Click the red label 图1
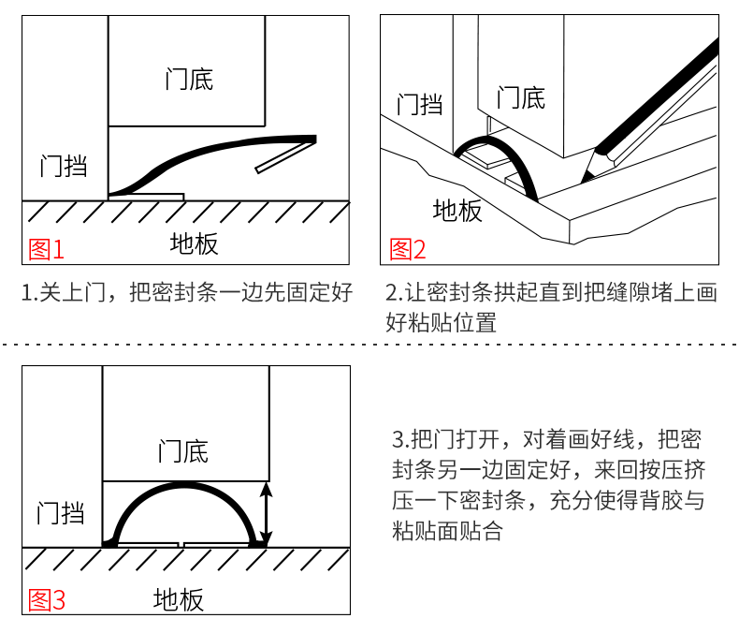pyautogui.click(x=47, y=249)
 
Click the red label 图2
pyautogui.click(x=407, y=249)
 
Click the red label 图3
pyautogui.click(x=47, y=599)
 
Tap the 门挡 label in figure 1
pyautogui.click(x=64, y=167)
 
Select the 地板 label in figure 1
pyautogui.click(x=194, y=244)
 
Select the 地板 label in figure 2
pyautogui.click(x=457, y=211)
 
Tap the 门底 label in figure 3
pyautogui.click(x=183, y=450)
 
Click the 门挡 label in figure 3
pyautogui.click(x=61, y=512)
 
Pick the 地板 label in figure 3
pyautogui.click(x=179, y=599)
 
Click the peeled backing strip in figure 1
pyautogui.click(x=284, y=158)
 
